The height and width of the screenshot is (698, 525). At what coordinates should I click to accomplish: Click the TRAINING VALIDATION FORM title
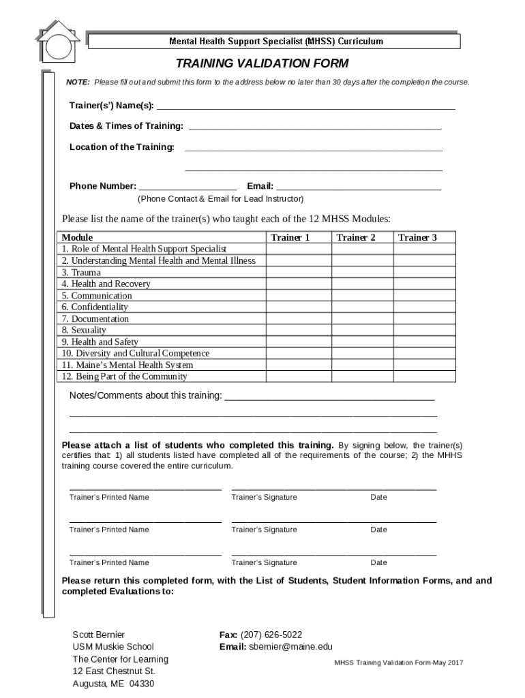point(262,64)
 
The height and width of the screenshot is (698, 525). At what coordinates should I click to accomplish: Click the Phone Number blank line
point(187,185)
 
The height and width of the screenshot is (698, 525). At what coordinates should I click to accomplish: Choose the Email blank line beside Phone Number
point(359,185)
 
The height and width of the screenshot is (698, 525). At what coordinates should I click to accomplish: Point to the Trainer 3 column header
point(417,237)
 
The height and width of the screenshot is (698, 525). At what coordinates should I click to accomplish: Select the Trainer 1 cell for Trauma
point(298,273)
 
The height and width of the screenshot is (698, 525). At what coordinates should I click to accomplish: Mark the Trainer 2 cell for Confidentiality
point(363,307)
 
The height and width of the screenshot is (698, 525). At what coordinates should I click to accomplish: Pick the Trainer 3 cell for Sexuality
point(425,331)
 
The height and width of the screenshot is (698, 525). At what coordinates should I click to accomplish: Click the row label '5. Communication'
point(97,296)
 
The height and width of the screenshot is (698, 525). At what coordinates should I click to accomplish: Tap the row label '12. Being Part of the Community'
point(124,376)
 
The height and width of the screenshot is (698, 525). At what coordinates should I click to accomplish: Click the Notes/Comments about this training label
point(146,396)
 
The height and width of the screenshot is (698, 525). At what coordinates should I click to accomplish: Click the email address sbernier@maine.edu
point(290,646)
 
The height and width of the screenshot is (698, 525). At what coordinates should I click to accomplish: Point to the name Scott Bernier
point(98,634)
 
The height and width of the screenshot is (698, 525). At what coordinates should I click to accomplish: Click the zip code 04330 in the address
point(142,684)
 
